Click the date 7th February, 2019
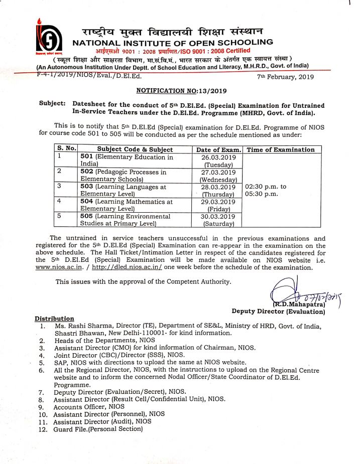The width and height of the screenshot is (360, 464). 285,77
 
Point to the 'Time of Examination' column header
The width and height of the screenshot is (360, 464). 281,149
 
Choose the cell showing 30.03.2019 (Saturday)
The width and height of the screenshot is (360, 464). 218,220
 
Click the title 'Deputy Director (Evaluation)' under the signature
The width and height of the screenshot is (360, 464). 278,312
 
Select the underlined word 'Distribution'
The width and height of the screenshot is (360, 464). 54,319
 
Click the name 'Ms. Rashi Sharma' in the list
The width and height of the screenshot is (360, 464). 81,326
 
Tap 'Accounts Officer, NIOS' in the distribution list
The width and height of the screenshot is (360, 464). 89,406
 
